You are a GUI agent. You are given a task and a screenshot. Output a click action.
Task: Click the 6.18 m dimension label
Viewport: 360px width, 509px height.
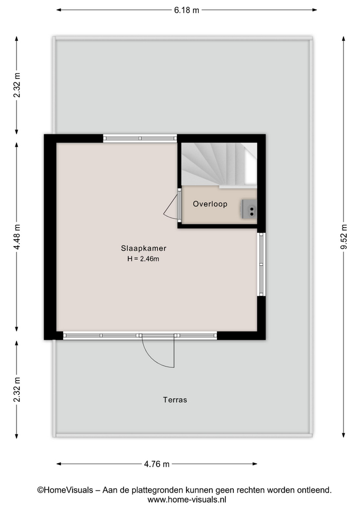pyautogui.click(x=186, y=10)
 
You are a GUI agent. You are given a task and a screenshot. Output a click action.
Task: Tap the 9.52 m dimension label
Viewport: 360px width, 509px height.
pyautogui.click(x=344, y=237)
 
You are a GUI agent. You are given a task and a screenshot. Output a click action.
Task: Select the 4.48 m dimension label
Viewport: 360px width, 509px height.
pyautogui.click(x=17, y=237)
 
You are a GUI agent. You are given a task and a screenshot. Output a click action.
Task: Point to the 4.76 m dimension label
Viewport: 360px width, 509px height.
pyautogui.click(x=157, y=464)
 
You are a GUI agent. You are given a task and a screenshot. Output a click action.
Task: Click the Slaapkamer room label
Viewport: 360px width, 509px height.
pyautogui.click(x=144, y=248)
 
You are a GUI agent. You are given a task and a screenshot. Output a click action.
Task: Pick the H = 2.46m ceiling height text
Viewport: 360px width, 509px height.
pyautogui.click(x=143, y=259)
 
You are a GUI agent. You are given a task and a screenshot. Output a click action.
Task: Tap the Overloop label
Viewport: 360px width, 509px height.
pyautogui.click(x=210, y=204)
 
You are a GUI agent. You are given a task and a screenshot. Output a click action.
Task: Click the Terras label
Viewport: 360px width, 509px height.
pyautogui.click(x=175, y=400)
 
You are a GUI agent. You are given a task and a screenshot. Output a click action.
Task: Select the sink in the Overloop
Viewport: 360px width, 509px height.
pyautogui.click(x=249, y=209)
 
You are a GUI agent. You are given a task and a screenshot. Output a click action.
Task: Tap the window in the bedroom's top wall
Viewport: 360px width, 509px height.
pyautogui.click(x=140, y=138)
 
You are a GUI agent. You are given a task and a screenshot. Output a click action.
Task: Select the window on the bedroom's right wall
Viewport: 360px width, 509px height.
pyautogui.click(x=261, y=264)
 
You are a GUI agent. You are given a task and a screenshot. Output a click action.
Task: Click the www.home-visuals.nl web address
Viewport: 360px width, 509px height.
pyautogui.click(x=187, y=499)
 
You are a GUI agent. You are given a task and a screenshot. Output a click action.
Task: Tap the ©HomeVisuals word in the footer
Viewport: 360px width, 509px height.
pyautogui.click(x=65, y=490)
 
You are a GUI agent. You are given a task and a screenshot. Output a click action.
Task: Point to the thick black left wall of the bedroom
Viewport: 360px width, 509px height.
pyautogui.click(x=50, y=237)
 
